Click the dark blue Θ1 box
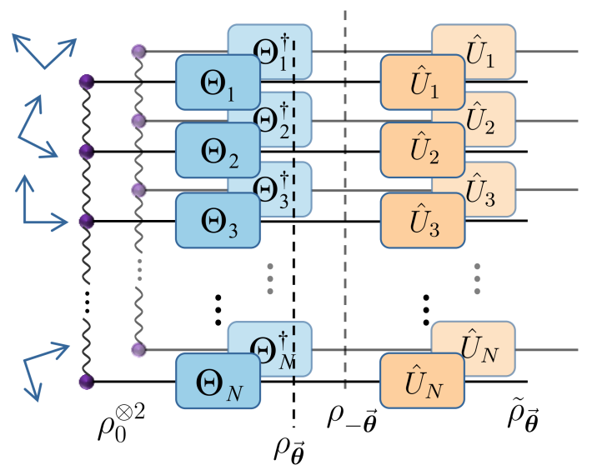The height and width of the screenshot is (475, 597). (x=217, y=81)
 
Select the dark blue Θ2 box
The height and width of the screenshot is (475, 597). (x=217, y=151)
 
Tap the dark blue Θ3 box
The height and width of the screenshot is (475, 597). (x=217, y=221)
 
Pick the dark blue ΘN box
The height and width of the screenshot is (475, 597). (x=217, y=382)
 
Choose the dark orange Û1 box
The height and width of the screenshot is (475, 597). (x=422, y=81)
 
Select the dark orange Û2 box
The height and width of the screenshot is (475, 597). (x=422, y=151)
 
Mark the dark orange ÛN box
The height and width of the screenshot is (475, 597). (x=422, y=382)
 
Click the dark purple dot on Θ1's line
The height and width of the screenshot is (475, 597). (x=84, y=82)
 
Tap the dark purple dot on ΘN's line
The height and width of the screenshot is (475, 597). (x=84, y=382)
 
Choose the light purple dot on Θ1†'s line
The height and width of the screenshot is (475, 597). (x=138, y=52)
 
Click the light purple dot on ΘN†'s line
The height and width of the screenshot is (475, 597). (x=138, y=348)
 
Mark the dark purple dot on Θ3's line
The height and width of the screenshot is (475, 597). (x=84, y=221)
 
